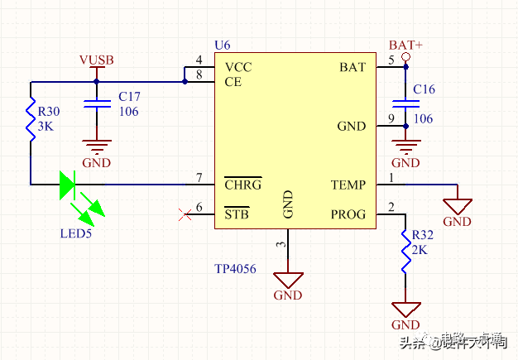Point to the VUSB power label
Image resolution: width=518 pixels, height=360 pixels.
click(96, 60)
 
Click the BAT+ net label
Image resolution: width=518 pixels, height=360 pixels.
click(405, 45)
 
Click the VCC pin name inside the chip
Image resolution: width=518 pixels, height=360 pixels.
click(238, 67)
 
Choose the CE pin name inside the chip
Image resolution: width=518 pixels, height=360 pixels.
click(233, 82)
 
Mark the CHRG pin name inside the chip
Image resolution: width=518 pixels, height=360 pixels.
click(243, 185)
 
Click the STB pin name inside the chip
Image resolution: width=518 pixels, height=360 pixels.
click(237, 214)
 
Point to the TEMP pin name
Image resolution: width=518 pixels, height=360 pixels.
click(348, 185)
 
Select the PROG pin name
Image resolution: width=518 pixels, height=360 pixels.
click(348, 214)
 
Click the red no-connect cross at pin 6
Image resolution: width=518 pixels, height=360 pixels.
click(184, 215)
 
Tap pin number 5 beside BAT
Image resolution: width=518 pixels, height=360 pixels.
click(391, 60)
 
